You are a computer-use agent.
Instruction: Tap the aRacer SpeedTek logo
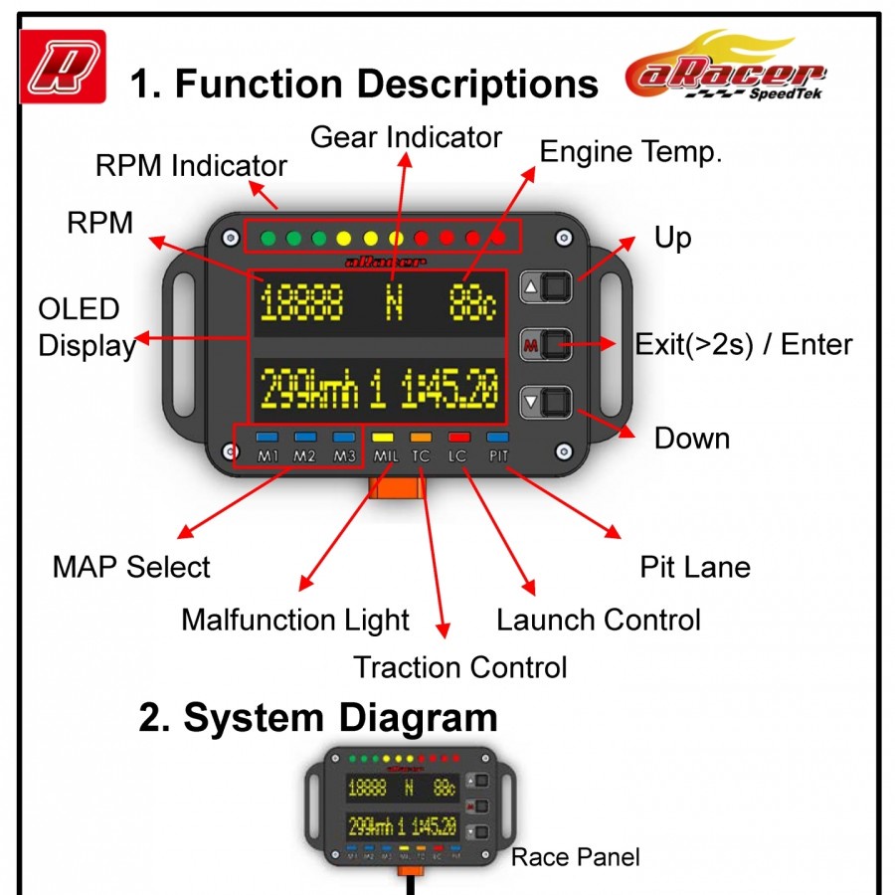pyautogui.click(x=725, y=69)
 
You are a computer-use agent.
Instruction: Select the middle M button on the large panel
pyautogui.click(x=549, y=345)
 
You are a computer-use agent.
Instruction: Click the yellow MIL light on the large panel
pyautogui.click(x=385, y=436)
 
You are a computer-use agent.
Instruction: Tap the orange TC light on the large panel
pyautogui.click(x=421, y=436)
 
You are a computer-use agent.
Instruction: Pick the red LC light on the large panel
pyautogui.click(x=458, y=436)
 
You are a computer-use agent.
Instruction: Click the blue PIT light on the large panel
pyautogui.click(x=497, y=436)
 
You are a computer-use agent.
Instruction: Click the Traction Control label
pyautogui.click(x=460, y=667)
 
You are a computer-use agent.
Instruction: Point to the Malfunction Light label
pyautogui.click(x=295, y=621)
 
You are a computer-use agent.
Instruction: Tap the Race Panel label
pyautogui.click(x=576, y=857)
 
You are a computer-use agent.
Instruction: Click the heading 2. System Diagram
pyautogui.click(x=318, y=717)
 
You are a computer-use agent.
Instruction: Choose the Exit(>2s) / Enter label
pyautogui.click(x=744, y=345)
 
